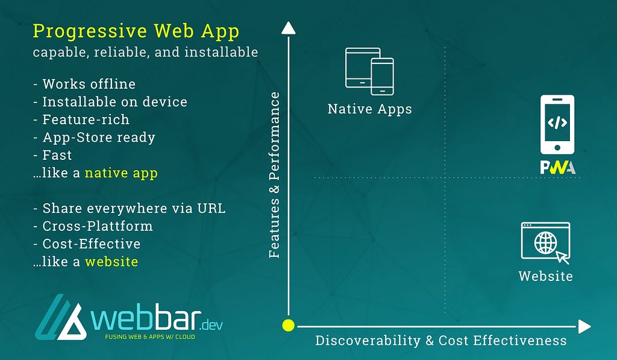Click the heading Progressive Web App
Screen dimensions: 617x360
point(136,31)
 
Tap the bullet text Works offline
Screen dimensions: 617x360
point(89,84)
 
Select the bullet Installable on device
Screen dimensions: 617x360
point(115,102)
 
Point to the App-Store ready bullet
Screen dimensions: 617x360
point(99,137)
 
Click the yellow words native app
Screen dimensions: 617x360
point(121,173)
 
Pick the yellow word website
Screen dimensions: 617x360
point(111,262)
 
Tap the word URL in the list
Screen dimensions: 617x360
point(211,208)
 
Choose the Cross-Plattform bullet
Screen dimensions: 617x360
point(98,226)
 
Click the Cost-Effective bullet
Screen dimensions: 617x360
point(92,244)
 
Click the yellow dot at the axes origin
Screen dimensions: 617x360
point(289,326)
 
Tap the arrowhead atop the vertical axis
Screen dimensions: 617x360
point(289,28)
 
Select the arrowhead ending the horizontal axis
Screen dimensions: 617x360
point(584,326)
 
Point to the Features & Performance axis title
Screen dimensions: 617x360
point(274,175)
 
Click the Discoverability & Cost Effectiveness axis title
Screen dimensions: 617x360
point(441,341)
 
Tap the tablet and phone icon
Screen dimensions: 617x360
point(369,71)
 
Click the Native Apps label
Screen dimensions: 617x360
point(370,109)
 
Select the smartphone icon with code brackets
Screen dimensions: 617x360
point(557,124)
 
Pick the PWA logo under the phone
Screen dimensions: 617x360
point(558,168)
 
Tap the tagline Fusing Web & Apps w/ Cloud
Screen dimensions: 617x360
point(150,336)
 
